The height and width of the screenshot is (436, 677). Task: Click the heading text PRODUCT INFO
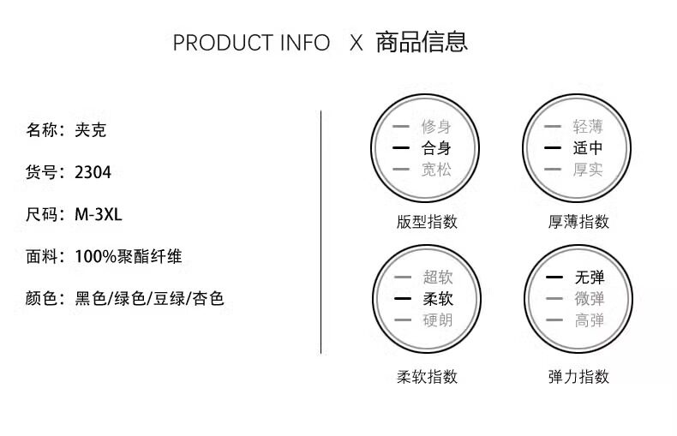point(251,43)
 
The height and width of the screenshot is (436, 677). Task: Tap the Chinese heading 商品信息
point(422,42)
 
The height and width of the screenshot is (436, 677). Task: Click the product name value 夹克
point(91,130)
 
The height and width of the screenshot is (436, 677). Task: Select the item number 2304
point(93,172)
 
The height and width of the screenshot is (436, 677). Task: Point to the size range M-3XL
point(99,214)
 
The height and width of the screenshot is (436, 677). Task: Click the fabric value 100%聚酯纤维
point(129,256)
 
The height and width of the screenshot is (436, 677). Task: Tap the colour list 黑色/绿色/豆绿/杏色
point(150,298)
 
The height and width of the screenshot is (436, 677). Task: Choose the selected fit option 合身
point(436,148)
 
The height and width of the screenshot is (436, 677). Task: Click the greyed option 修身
point(436,127)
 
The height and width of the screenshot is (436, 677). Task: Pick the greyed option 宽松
point(436,170)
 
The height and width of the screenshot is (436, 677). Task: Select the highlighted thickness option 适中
point(589,148)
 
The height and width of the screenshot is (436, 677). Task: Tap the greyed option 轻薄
point(589,127)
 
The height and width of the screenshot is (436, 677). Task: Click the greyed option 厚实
point(589,170)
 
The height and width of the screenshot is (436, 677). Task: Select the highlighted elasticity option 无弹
point(590,278)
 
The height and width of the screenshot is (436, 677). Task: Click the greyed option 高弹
point(590,320)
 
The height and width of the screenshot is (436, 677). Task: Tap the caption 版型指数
point(427,222)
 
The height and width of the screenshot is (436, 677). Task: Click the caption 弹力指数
point(578,376)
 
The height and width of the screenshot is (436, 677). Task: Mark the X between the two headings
point(356,43)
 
